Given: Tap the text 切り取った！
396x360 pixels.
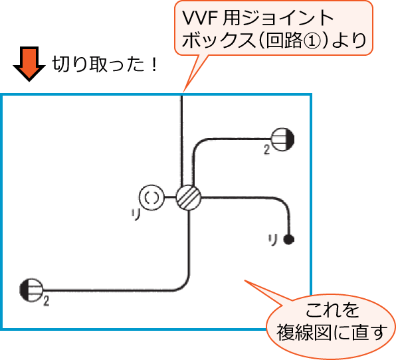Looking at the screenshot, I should [x=103, y=66].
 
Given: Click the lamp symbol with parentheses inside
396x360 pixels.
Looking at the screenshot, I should [x=151, y=197].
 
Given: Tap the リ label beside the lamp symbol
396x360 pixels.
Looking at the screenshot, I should [x=135, y=213].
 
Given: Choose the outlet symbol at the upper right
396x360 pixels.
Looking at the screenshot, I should [x=283, y=139].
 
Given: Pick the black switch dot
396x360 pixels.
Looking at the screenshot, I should [x=288, y=238].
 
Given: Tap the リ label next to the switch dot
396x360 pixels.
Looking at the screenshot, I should [x=272, y=238].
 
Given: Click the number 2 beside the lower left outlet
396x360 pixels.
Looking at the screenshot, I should [x=47, y=301].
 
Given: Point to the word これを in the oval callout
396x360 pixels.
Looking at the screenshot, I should [x=332, y=310].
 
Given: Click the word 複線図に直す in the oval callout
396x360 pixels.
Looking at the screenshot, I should [x=332, y=332].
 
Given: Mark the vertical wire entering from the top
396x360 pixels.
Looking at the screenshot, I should [x=181, y=139].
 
